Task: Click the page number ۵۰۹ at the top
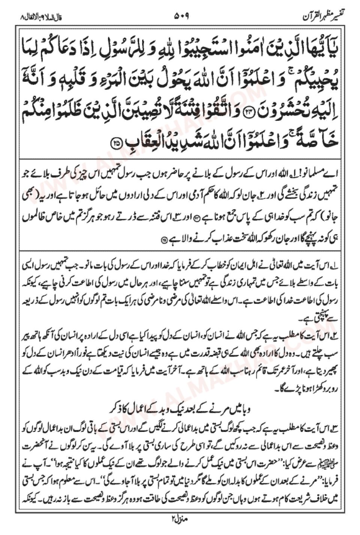[x=181, y=17]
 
